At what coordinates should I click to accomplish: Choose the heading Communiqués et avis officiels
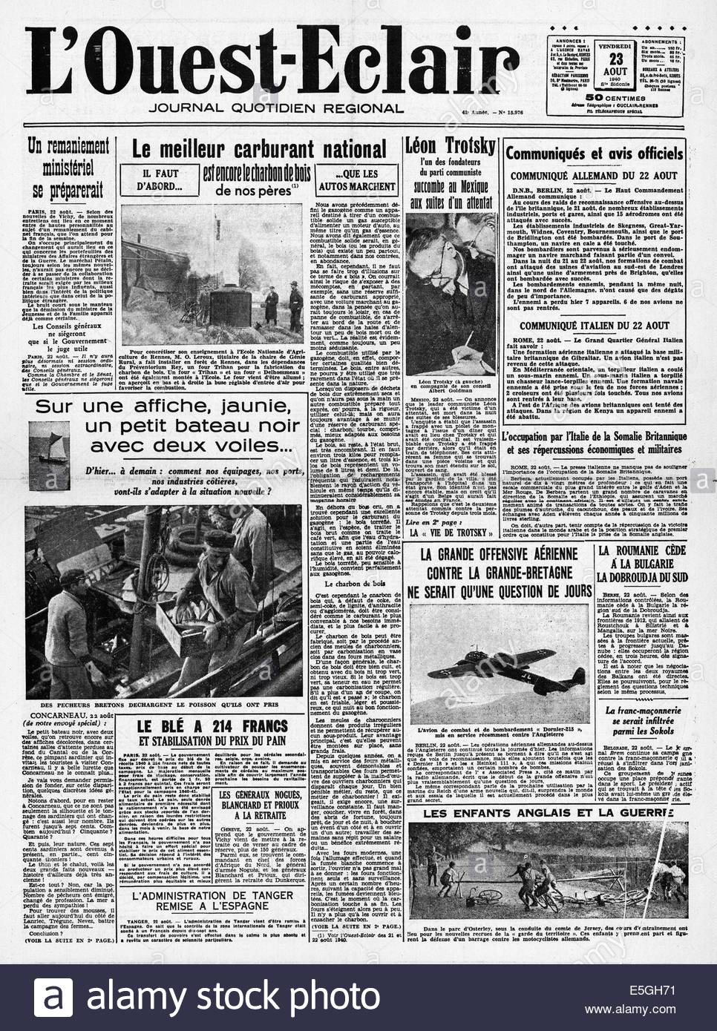click(594, 154)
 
